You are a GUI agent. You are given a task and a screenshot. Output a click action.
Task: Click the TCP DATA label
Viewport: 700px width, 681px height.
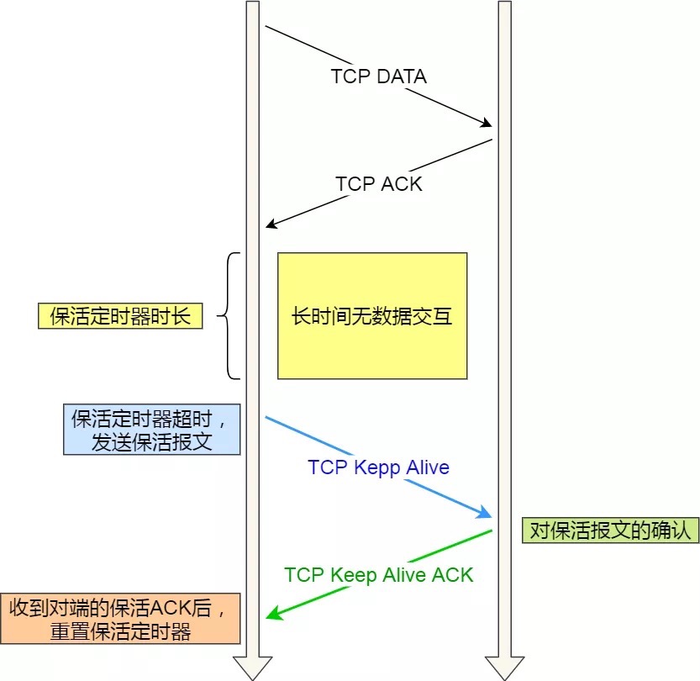coord(378,77)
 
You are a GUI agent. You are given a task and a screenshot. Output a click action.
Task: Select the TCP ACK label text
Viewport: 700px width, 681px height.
coord(379,183)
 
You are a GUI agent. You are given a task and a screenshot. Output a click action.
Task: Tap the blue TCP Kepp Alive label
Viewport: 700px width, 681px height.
coord(378,467)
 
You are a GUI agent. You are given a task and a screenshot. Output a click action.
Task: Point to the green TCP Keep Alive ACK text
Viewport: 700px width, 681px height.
coord(379,575)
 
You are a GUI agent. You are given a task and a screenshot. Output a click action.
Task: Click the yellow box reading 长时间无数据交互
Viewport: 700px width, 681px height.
coord(372,316)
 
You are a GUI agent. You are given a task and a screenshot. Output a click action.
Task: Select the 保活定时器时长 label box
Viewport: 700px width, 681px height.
coord(120,316)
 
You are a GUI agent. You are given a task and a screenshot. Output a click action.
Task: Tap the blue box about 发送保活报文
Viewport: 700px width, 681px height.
coord(151,430)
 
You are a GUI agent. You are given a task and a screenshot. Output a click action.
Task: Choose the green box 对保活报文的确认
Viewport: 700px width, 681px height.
coord(609,530)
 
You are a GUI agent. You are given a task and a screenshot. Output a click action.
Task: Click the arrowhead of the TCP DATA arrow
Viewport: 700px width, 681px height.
coord(486,124)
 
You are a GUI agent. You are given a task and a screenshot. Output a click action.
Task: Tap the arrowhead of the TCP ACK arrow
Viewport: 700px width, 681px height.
coord(271,224)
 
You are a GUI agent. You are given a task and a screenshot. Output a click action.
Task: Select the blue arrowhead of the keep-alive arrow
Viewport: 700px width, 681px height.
coord(485,514)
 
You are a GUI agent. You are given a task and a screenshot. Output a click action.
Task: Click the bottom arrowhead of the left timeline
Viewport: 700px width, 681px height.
coord(252,668)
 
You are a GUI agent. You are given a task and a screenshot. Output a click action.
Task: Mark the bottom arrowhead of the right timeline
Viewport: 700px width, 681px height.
coord(504,668)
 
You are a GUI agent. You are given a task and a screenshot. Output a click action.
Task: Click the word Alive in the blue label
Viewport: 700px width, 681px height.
coord(428,467)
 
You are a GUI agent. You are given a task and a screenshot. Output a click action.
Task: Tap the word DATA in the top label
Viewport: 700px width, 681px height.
coord(402,77)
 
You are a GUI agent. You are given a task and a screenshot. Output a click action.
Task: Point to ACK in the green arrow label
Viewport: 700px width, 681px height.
coord(453,575)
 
